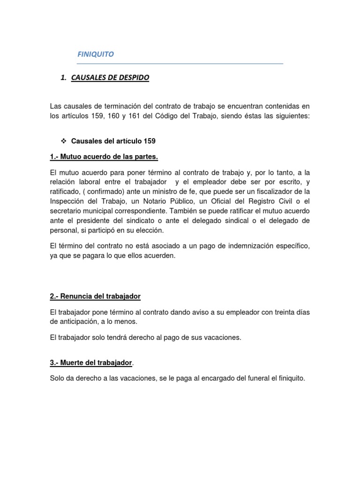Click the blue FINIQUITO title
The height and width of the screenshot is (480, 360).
95,54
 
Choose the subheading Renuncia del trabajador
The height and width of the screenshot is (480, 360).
95,297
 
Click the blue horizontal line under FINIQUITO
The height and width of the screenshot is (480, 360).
180,63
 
